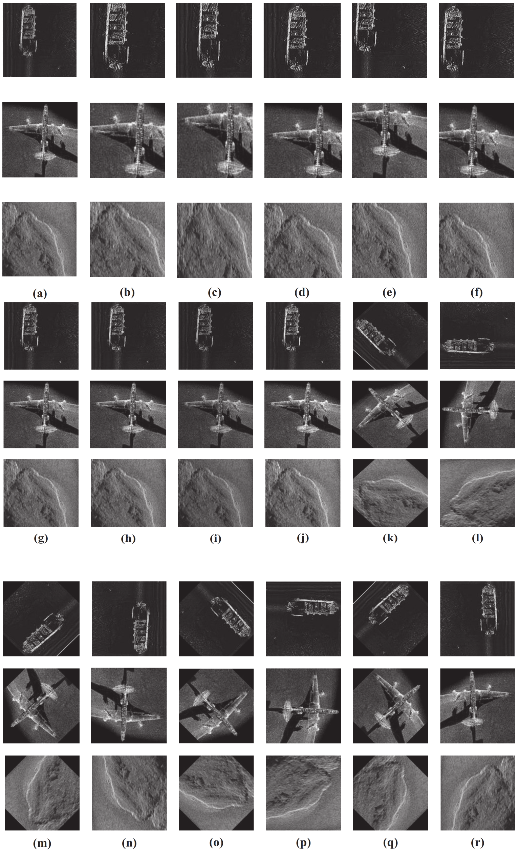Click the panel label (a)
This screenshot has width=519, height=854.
40,294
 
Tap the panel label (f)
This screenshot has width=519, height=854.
476,293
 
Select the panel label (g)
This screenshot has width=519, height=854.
41,538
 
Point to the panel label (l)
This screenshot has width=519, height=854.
477,538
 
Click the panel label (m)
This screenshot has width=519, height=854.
42,843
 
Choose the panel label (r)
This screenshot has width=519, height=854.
477,842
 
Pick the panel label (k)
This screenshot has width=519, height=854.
390,538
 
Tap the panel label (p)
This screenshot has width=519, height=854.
303,842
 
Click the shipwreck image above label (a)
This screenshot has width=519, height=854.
40,40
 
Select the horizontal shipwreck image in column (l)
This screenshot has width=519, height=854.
477,335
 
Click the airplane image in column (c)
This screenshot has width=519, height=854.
214,140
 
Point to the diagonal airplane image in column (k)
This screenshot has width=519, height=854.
390,414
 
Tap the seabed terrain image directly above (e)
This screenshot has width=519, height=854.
389,240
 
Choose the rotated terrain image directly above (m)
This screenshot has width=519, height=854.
42,793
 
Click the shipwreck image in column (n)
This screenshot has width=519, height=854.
129,619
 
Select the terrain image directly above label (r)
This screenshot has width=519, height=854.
477,793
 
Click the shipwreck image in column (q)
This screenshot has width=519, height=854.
390,619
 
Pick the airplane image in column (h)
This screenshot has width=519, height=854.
128,414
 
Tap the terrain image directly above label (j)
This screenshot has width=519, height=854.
303,493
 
